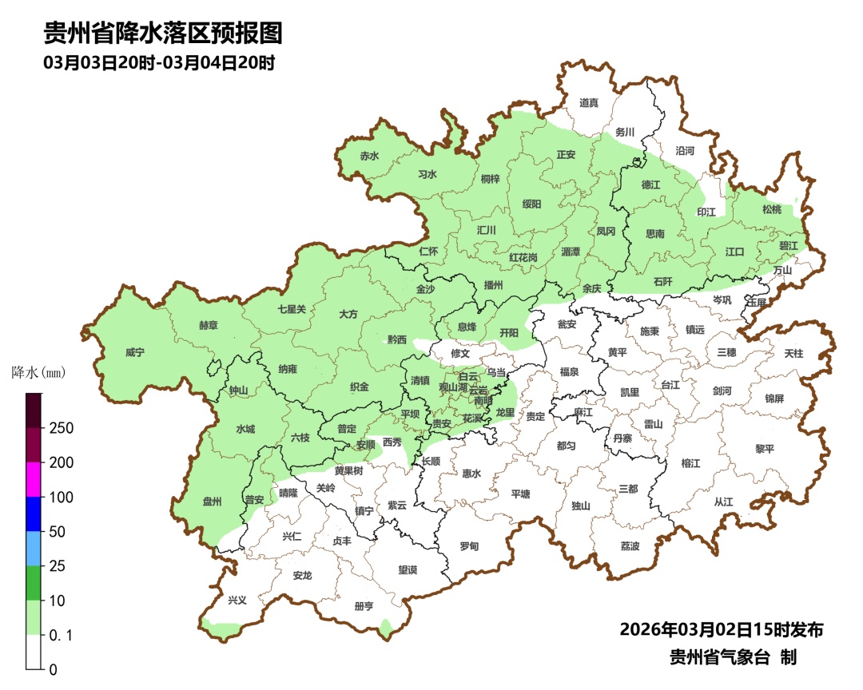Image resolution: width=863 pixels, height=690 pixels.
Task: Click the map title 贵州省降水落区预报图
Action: (x=163, y=34)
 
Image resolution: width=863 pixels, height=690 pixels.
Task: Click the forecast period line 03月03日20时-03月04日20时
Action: (x=160, y=63)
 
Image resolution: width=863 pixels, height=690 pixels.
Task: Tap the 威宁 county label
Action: (x=135, y=352)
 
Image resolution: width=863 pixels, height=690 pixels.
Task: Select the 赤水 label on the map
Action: (x=368, y=157)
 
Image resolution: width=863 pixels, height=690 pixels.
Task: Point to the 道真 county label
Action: (x=589, y=103)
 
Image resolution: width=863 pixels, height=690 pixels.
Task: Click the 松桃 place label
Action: (x=771, y=210)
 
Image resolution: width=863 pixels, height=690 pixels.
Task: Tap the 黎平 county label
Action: (x=765, y=449)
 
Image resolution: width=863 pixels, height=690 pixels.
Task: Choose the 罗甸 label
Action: (x=469, y=546)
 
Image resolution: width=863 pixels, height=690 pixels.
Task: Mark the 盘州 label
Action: (x=212, y=502)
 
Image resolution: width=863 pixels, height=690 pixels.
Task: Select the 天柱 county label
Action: (x=793, y=353)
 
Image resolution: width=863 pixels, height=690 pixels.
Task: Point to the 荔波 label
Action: (x=630, y=546)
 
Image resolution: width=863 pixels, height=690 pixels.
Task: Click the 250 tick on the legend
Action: (x=61, y=428)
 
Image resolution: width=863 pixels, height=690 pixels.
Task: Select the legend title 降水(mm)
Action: (x=38, y=372)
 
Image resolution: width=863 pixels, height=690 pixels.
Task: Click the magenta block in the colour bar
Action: (x=34, y=479)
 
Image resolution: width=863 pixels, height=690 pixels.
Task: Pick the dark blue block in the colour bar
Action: (x=34, y=514)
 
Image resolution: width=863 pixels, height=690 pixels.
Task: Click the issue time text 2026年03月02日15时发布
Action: (x=721, y=629)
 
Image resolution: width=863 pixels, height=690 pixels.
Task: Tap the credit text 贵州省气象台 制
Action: (x=733, y=657)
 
